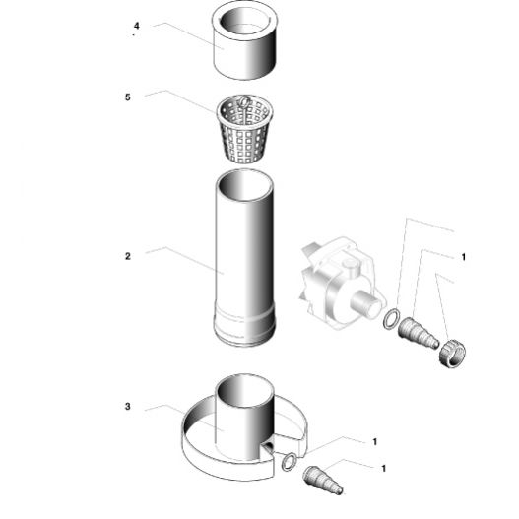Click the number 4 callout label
136,26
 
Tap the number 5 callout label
128,97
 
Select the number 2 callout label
128,256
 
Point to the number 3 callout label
128,406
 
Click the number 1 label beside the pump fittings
464,257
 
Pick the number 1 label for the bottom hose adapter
384,469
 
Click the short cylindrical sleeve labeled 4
244,39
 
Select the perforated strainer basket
245,129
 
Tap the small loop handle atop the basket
244,100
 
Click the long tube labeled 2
244,258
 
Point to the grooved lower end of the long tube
244,328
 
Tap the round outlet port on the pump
365,303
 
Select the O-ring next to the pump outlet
391,319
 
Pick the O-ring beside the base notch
289,462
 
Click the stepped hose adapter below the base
322,480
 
